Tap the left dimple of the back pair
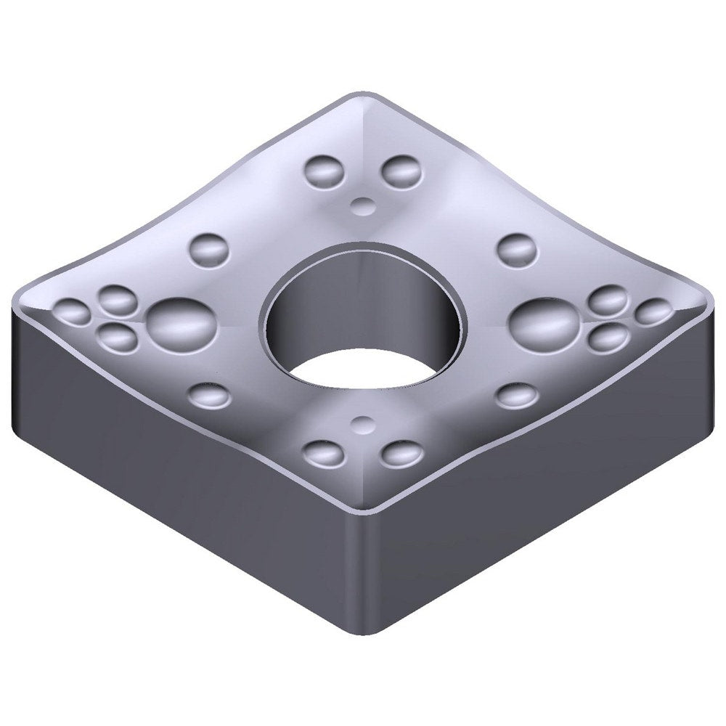coord(324,171)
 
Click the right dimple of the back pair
coord(401,171)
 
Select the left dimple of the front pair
coord(323,453)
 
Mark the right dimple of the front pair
coord(401,454)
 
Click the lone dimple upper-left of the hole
coord(209,248)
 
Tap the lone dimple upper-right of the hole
coord(516,249)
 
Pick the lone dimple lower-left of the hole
coord(209,395)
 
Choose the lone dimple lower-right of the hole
coord(517,394)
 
